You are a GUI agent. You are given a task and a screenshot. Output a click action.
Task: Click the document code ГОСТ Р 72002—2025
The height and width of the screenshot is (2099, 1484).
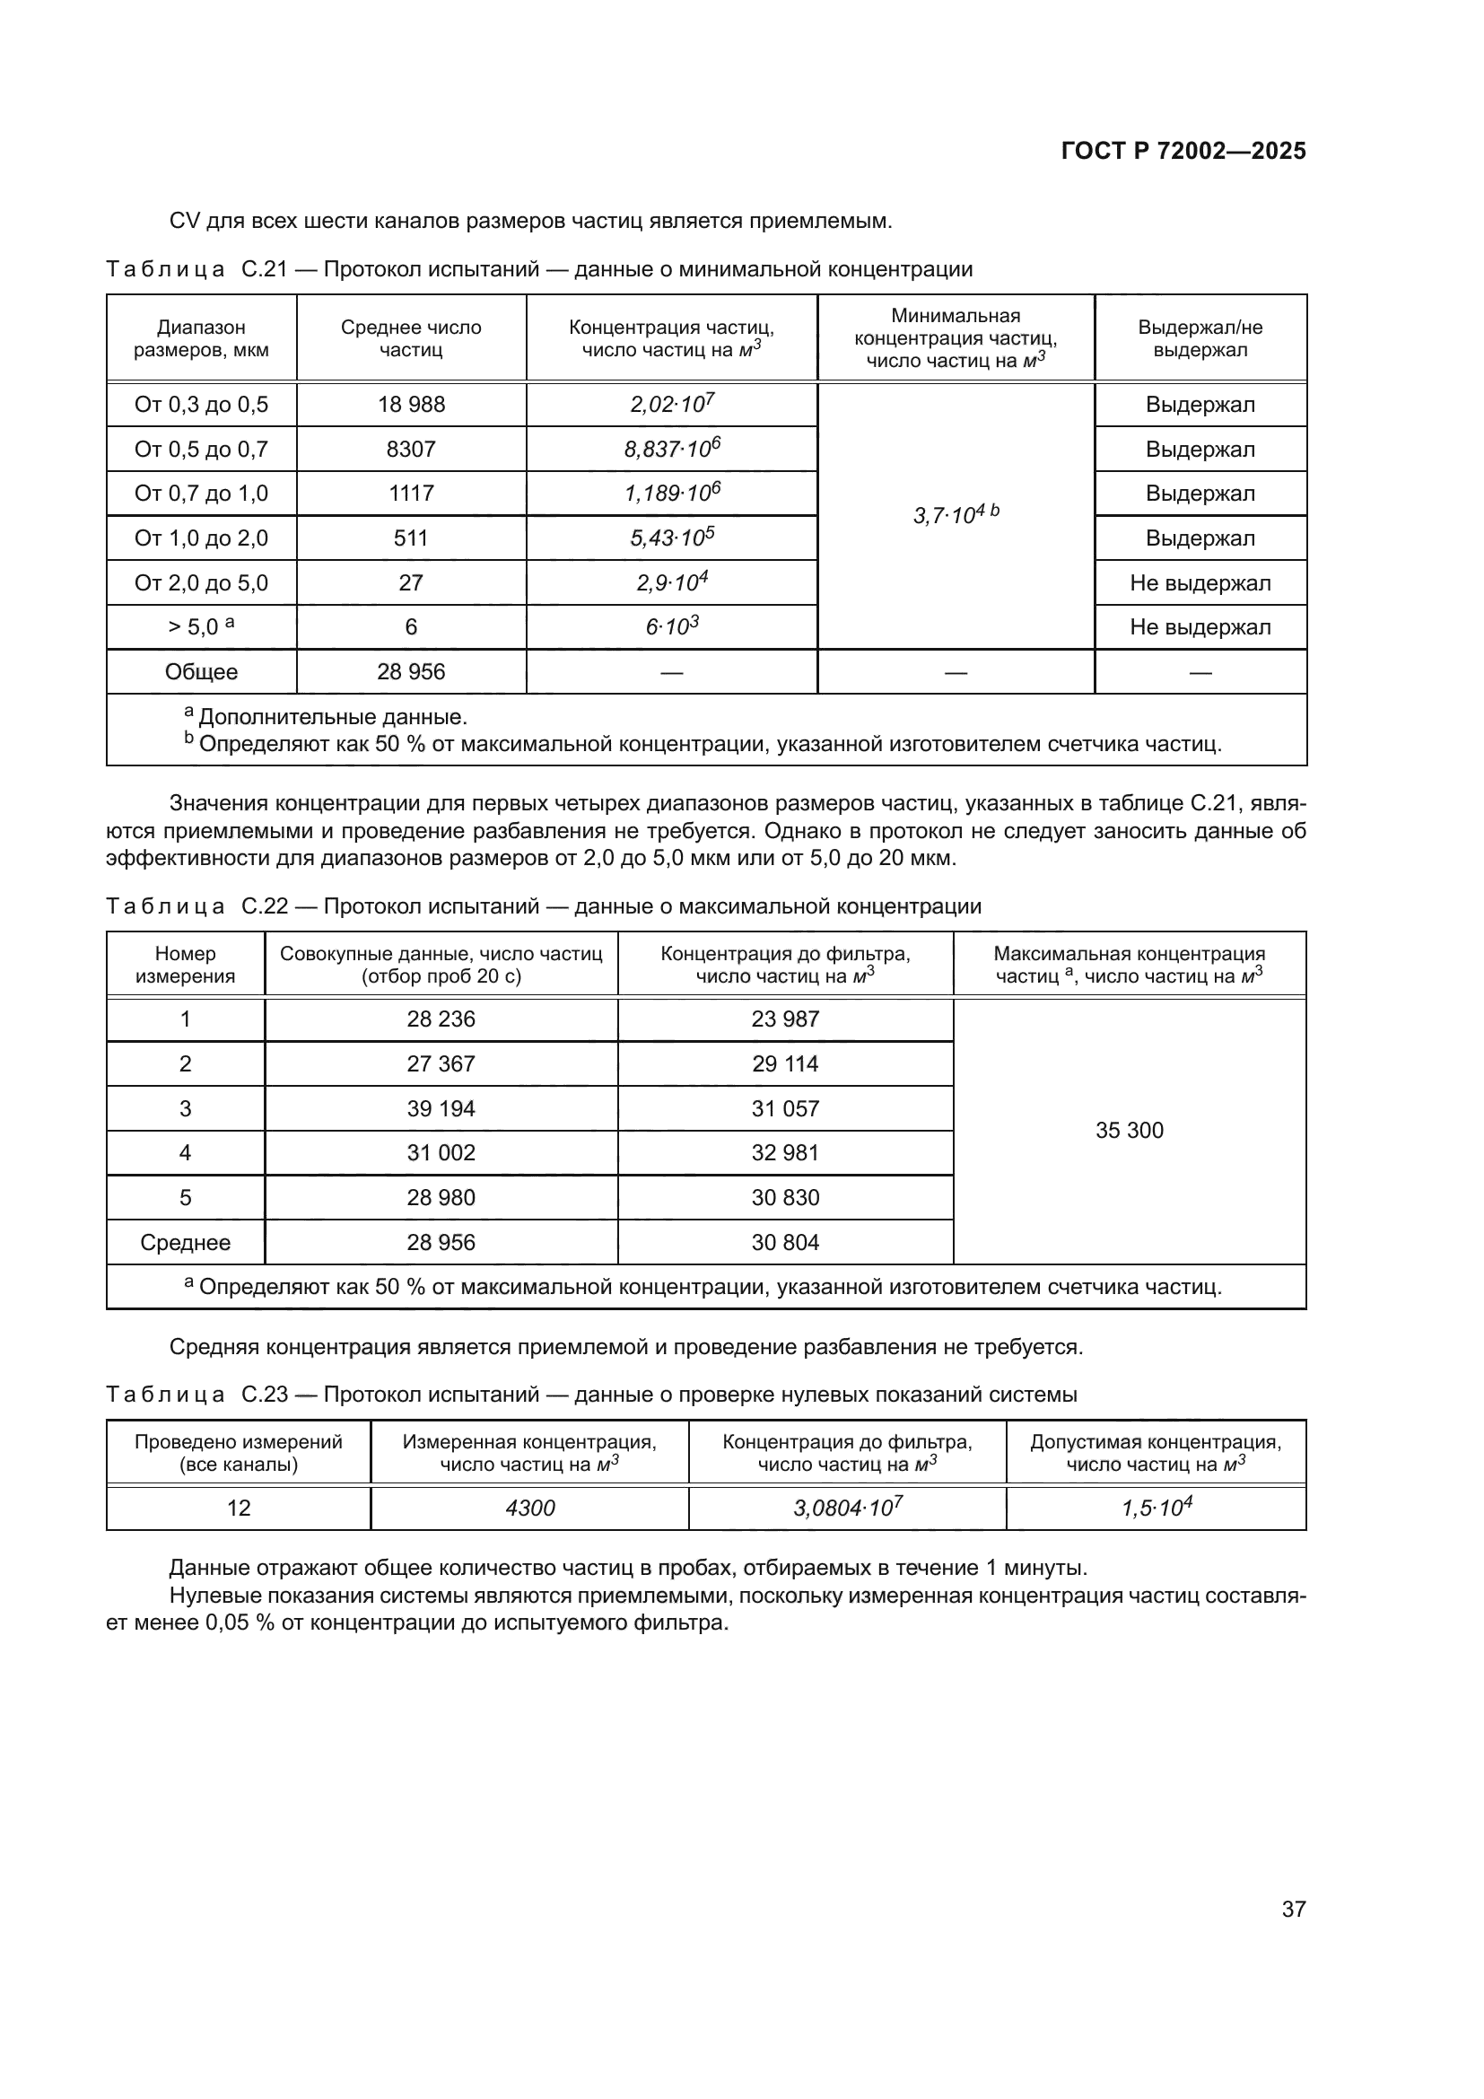(1183, 151)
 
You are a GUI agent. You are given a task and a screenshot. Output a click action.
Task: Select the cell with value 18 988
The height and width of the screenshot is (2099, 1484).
(411, 405)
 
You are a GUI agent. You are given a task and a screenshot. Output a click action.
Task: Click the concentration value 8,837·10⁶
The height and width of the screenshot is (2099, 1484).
(672, 449)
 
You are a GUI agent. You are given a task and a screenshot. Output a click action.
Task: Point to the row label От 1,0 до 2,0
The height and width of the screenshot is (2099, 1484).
(201, 538)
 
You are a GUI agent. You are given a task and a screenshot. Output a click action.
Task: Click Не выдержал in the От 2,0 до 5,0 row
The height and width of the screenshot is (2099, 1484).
(1200, 583)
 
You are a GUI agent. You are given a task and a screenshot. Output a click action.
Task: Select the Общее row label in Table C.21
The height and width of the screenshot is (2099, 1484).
(201, 672)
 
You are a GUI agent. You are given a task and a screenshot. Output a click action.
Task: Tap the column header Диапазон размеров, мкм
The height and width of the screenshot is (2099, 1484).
(201, 338)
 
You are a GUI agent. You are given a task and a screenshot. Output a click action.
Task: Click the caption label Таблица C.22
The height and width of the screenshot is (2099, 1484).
(196, 907)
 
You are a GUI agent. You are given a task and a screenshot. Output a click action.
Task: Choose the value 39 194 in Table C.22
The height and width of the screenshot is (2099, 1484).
(441, 1109)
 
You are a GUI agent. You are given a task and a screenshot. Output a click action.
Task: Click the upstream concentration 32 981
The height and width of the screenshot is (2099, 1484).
(785, 1153)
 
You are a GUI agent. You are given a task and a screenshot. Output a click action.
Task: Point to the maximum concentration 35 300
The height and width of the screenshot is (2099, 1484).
(1130, 1131)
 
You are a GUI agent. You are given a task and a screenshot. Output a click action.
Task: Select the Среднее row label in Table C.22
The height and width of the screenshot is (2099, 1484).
(186, 1242)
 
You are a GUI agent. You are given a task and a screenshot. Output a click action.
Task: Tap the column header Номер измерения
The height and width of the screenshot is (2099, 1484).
(186, 965)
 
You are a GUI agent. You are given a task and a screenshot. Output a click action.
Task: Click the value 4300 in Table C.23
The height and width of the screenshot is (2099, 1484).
(530, 1508)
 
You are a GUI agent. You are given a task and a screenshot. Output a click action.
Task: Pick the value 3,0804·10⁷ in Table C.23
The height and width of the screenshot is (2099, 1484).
(847, 1508)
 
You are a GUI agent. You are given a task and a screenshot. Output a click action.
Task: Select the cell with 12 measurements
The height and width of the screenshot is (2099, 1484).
(239, 1508)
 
